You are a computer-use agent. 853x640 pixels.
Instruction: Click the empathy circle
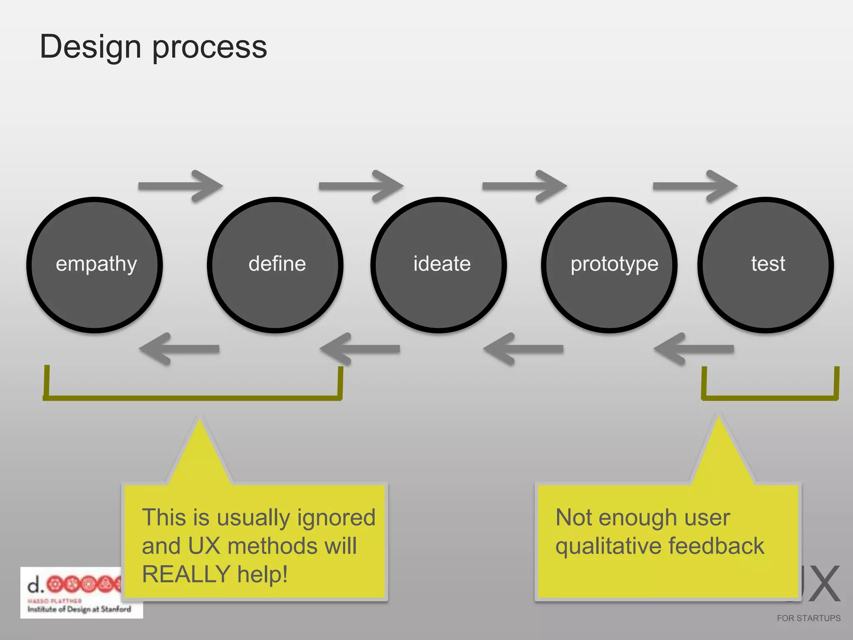click(x=95, y=265)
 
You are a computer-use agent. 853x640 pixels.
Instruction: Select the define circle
click(x=275, y=265)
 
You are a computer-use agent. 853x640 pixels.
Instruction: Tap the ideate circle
click(x=439, y=265)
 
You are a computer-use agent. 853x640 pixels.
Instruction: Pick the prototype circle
click(x=609, y=265)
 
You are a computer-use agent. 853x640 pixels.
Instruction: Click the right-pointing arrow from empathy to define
click(x=180, y=186)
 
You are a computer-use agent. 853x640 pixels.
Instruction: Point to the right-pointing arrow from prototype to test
click(x=695, y=186)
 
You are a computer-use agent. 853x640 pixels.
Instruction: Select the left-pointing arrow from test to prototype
click(x=694, y=349)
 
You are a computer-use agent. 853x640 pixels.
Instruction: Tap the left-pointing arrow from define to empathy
click(x=180, y=349)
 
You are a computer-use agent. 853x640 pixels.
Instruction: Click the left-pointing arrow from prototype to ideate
click(x=524, y=349)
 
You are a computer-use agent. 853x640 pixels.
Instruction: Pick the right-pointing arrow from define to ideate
click(x=361, y=186)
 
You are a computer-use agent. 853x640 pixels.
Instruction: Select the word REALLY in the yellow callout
click(x=186, y=574)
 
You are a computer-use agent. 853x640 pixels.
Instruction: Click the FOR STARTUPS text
click(x=808, y=618)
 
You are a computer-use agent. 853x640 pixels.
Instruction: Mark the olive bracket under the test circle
click(x=770, y=397)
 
